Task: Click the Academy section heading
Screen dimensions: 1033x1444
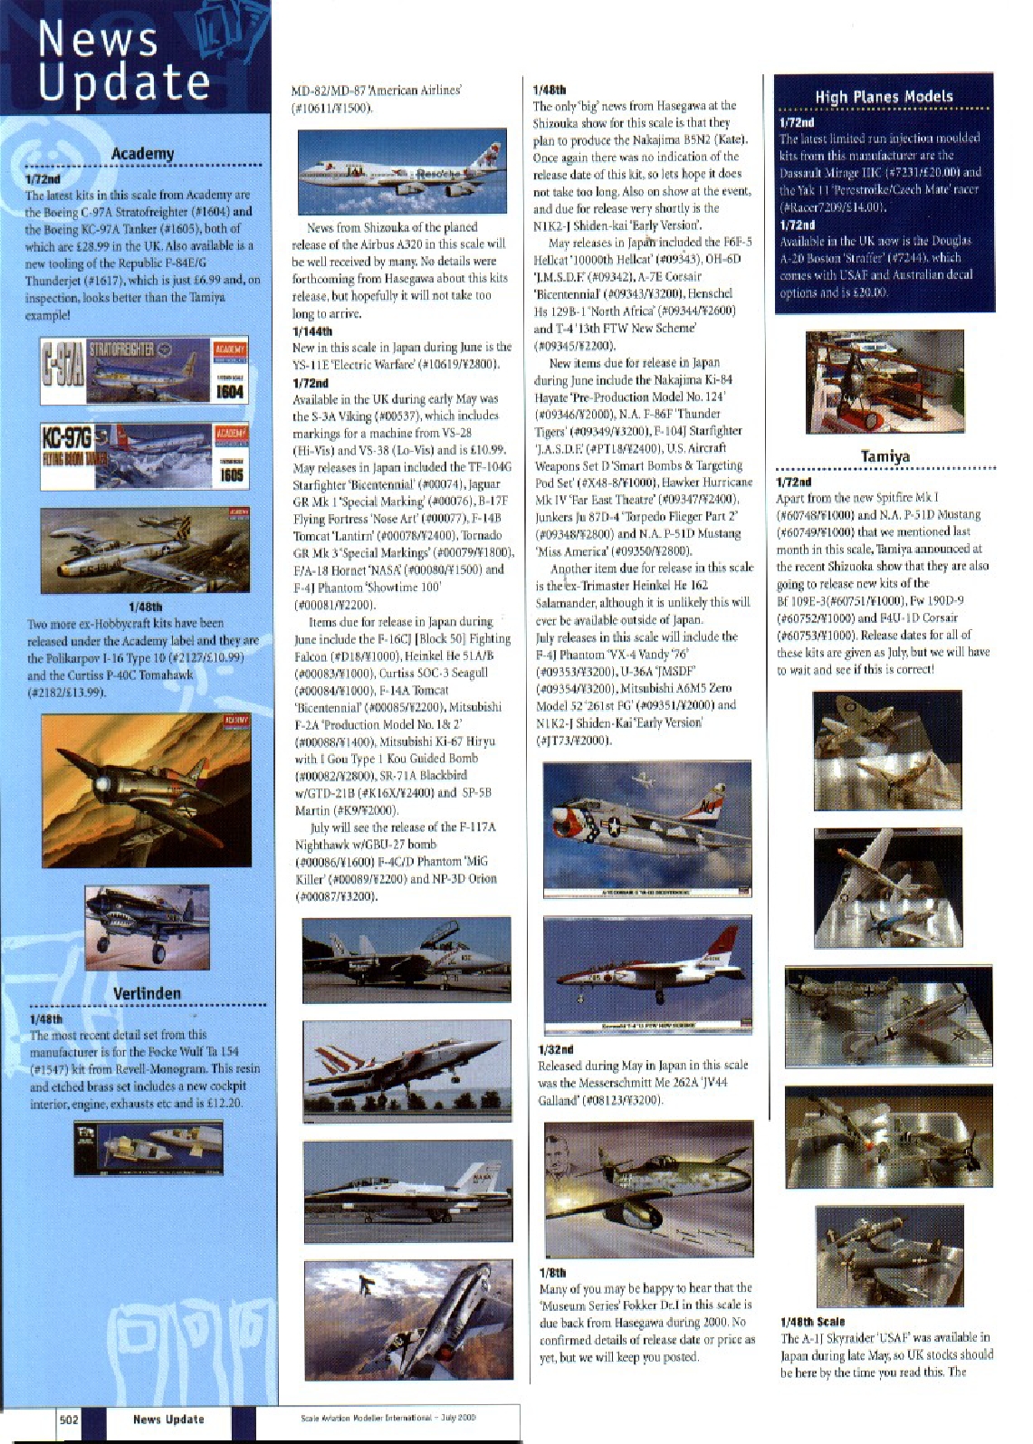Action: tap(142, 154)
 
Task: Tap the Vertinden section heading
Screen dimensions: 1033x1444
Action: tap(147, 993)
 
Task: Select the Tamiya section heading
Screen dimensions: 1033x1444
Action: tap(885, 456)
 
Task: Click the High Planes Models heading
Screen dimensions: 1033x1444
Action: tap(884, 97)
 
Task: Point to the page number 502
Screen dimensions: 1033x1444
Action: tap(69, 1419)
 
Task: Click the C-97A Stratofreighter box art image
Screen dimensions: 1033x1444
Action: tap(144, 371)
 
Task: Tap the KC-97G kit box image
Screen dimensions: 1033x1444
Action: tap(144, 456)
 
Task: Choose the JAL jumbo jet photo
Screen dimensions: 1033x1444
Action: tap(401, 168)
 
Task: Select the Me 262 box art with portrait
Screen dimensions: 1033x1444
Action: tap(647, 1189)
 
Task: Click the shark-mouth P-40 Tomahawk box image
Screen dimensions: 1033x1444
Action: tap(147, 926)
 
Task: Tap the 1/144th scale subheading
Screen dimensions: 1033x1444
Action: tap(311, 331)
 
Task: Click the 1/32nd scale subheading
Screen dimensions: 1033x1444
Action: tap(555, 1049)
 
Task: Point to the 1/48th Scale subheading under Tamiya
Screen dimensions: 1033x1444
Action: tap(811, 1322)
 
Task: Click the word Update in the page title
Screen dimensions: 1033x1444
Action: tap(124, 83)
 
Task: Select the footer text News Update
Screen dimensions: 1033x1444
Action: tap(168, 1419)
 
